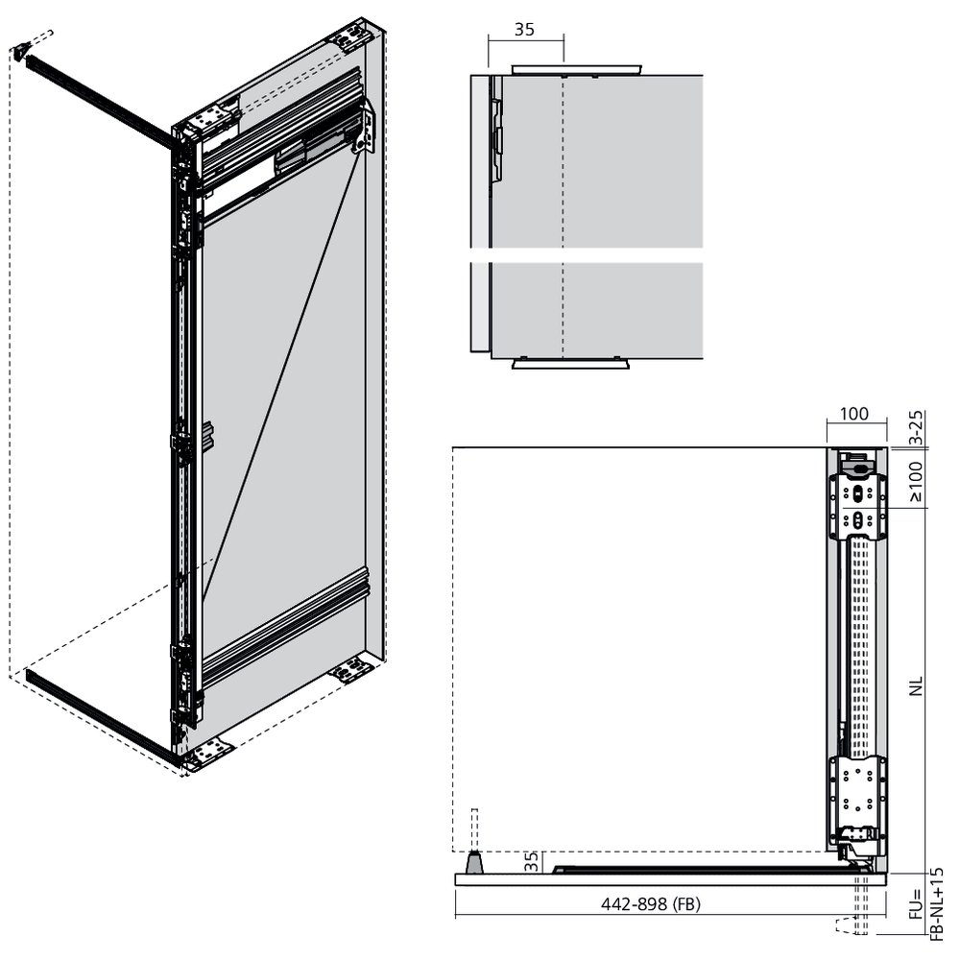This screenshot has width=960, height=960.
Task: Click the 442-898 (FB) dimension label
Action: click(650, 903)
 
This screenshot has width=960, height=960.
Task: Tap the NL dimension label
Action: click(915, 686)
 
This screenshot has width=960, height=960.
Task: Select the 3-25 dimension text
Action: click(915, 427)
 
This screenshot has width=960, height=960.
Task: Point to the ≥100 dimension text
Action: click(915, 481)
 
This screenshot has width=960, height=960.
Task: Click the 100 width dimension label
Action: click(853, 414)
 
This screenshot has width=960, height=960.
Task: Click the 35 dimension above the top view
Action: click(524, 30)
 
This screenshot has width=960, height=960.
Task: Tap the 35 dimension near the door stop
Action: click(532, 861)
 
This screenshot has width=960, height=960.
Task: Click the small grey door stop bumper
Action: click(474, 862)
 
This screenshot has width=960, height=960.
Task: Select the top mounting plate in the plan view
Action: click(857, 506)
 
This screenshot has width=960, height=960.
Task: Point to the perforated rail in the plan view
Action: click(860, 647)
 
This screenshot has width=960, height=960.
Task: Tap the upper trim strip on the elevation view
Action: click(577, 67)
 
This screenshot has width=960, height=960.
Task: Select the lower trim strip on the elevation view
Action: click(570, 364)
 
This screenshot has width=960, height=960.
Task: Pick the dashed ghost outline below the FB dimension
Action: click(852, 925)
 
